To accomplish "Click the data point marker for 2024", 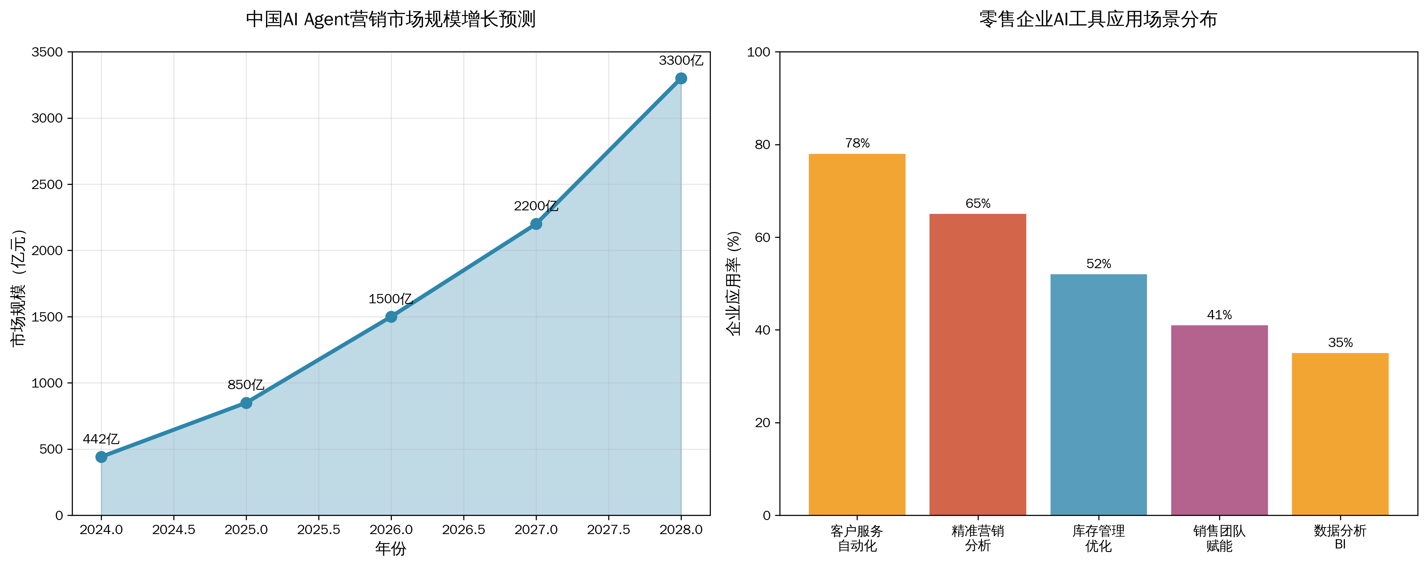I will [101, 457].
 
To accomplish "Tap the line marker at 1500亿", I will [391, 317].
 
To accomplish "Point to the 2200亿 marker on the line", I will [536, 224].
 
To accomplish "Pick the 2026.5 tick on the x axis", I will [464, 530].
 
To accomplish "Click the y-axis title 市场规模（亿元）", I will [18, 288].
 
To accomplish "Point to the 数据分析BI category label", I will [1340, 537].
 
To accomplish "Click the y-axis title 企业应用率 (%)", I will [734, 283].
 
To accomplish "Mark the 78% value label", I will [857, 143].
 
